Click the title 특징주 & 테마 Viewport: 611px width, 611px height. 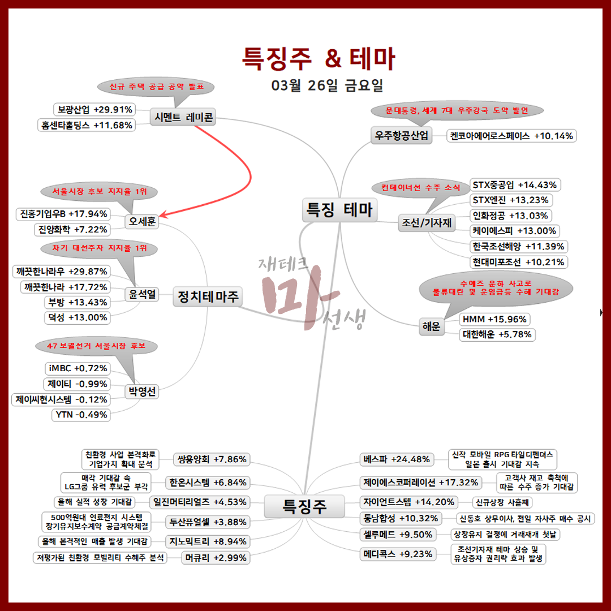pos(319,58)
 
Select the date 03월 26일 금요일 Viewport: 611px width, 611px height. pos(328,85)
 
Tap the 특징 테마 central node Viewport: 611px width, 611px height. pos(339,210)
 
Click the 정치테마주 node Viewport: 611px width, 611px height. pos(208,295)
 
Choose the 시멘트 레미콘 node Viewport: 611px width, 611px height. pos(184,117)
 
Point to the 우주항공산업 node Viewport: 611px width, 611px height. pos(401,136)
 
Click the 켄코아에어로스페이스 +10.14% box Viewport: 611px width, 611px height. pos(511,136)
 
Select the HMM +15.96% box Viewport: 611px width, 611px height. pos(494,319)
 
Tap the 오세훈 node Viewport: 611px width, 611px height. pos(141,221)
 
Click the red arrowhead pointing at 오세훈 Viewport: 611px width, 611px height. pos(162,216)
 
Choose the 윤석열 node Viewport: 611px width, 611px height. pos(142,294)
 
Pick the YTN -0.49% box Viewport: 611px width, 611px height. pos(81,415)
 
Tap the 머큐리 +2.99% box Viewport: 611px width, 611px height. pos(214,558)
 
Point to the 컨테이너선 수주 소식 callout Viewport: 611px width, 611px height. pos(420,187)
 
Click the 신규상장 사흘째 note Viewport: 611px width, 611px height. pos(502,502)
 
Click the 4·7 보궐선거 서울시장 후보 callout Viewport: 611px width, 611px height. pos(96,346)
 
